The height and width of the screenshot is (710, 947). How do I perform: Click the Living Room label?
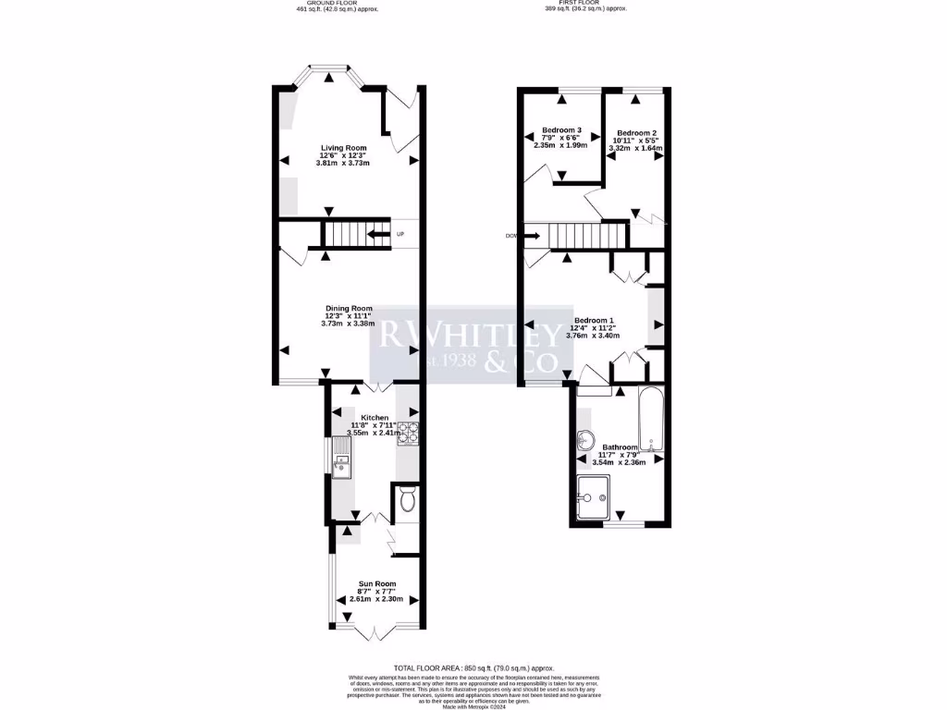(x=344, y=148)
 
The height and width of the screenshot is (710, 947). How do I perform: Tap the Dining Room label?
(x=348, y=308)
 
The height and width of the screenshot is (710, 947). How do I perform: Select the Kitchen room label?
(x=375, y=417)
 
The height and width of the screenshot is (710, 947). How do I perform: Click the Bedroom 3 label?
(x=561, y=129)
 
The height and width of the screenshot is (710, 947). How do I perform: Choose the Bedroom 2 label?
(x=635, y=132)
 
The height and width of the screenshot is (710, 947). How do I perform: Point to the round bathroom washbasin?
(x=584, y=440)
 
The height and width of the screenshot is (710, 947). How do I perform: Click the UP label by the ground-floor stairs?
(x=400, y=234)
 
